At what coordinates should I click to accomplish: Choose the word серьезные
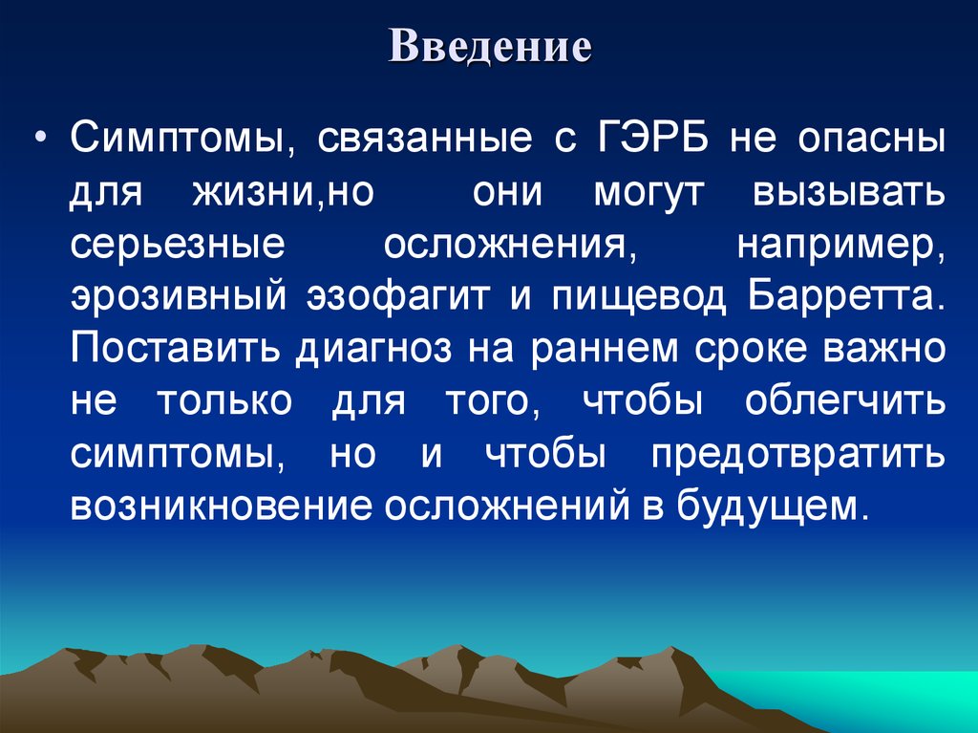tap(177, 244)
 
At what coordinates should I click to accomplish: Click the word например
tap(840, 246)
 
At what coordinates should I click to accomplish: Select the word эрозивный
tap(176, 297)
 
